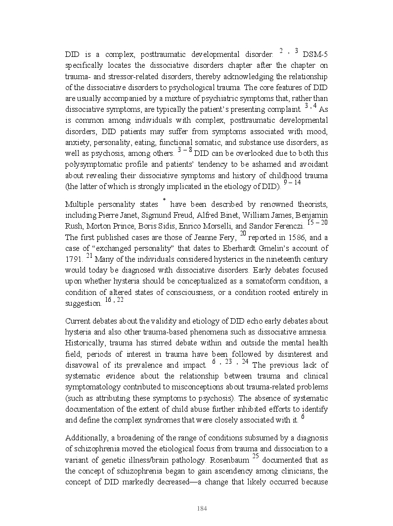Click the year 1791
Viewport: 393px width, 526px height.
[x=74, y=259]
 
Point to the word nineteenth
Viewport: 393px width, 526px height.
[x=270, y=259]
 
